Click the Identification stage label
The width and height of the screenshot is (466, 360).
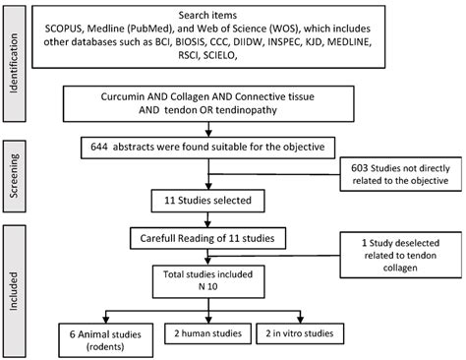click(14, 44)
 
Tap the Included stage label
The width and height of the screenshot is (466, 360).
click(14, 277)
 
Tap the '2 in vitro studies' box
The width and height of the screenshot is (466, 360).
click(314, 331)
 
